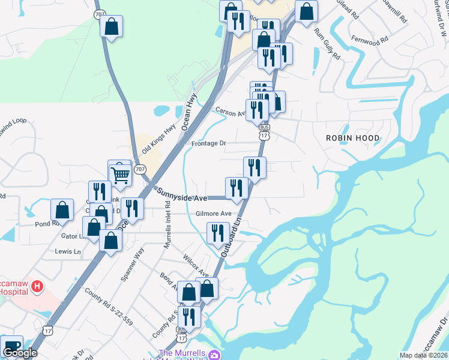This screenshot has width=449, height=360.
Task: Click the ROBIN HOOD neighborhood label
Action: (x=352, y=138)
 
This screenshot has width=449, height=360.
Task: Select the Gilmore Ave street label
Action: (x=213, y=214)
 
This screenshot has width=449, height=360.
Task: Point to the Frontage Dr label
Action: (x=208, y=143)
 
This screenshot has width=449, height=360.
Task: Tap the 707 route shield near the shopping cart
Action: (x=140, y=170)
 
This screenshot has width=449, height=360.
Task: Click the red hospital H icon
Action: (x=37, y=286)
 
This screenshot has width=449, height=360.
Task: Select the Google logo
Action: (x=20, y=352)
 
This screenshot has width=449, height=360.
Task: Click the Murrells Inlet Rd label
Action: (x=169, y=226)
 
